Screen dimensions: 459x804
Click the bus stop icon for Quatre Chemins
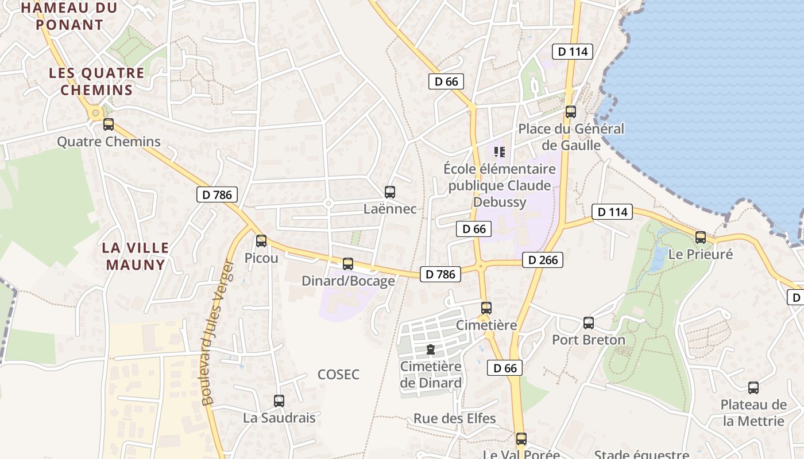[109, 125]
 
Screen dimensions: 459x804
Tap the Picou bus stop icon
[261, 241]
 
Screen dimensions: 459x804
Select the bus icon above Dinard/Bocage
[347, 264]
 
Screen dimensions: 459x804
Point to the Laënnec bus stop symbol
[390, 192]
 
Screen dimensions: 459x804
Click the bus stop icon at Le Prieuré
[701, 238]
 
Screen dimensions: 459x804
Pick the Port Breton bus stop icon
[589, 323]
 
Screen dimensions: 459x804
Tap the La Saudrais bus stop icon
[279, 401]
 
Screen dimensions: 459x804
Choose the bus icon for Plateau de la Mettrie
[753, 388]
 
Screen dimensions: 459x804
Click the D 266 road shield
[543, 260]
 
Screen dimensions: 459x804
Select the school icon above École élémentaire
[499, 152]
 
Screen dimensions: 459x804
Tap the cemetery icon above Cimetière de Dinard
[430, 349]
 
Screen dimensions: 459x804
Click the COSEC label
[339, 375]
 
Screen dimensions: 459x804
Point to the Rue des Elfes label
[455, 418]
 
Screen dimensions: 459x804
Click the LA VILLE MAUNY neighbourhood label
[136, 256]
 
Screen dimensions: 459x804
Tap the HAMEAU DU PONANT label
[69, 16]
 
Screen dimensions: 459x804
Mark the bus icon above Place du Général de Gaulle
[570, 112]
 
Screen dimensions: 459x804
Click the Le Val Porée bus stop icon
[521, 439]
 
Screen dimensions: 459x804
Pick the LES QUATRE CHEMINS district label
[96, 81]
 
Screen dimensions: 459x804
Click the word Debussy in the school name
[500, 202]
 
